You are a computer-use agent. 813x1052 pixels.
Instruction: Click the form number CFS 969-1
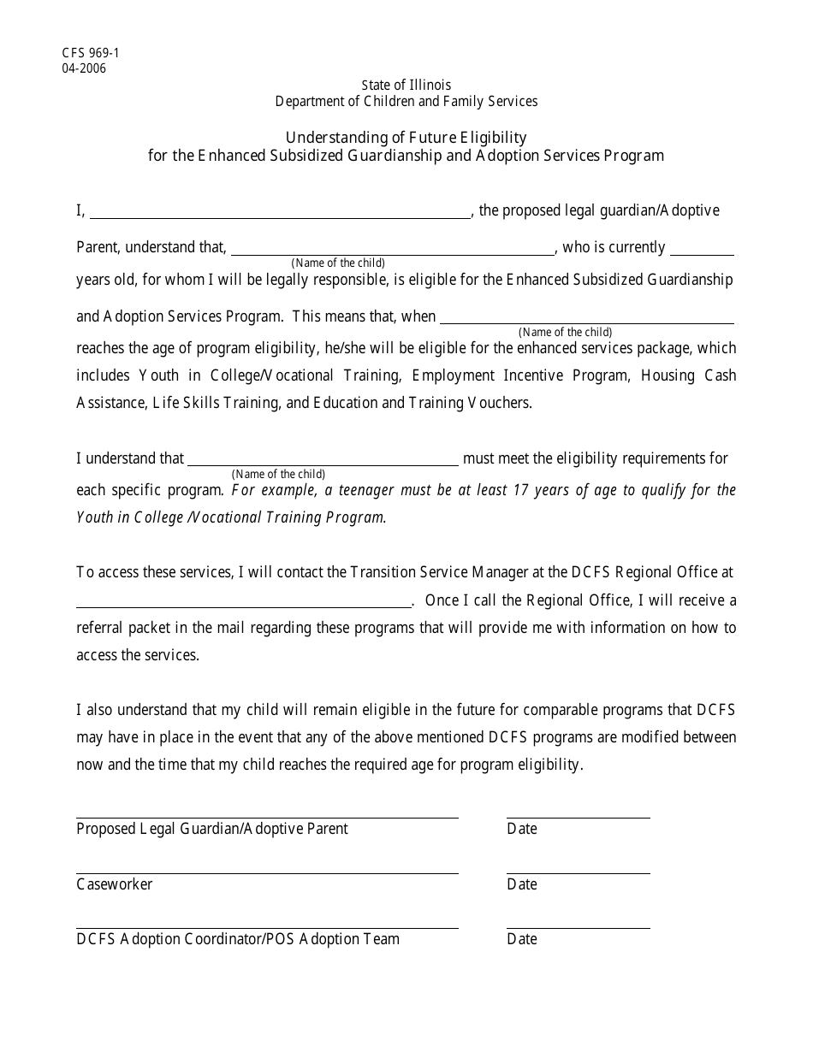[x=90, y=53]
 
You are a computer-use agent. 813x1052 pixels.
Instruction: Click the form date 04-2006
[x=84, y=68]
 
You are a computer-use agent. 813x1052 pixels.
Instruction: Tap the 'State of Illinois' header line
[x=406, y=85]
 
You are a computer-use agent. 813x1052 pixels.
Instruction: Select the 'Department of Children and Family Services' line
[x=406, y=101]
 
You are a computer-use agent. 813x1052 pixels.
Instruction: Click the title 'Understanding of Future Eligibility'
[x=406, y=137]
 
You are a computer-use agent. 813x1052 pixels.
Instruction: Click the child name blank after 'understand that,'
[x=392, y=250]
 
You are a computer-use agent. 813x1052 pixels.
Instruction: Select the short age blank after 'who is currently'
[x=702, y=250]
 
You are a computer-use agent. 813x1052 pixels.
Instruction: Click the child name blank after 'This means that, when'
[x=586, y=319]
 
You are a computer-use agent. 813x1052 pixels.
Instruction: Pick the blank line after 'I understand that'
[x=323, y=461]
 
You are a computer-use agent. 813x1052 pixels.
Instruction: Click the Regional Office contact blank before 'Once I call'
[x=244, y=602]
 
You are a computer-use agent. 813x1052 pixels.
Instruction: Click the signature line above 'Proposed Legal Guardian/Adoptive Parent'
[x=267, y=817]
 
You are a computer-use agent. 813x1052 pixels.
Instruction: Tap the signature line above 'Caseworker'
[x=267, y=872]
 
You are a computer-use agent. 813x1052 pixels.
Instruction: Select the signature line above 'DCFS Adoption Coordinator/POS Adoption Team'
[x=267, y=927]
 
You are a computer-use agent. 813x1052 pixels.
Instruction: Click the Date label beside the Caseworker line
[x=522, y=884]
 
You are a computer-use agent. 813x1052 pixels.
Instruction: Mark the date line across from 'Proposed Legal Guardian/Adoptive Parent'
[x=578, y=817]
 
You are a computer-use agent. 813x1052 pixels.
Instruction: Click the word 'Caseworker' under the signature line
[x=115, y=884]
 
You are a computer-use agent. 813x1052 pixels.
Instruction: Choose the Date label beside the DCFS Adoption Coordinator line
[x=522, y=939]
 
